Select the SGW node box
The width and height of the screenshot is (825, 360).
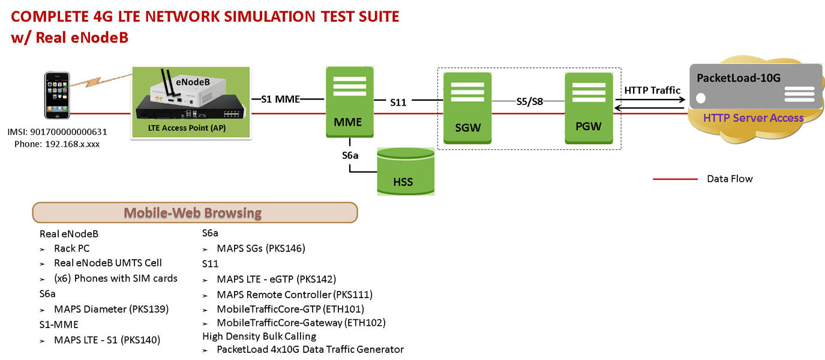(467, 108)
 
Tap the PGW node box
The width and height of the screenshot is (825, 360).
(589, 108)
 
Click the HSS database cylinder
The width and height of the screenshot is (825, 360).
(406, 172)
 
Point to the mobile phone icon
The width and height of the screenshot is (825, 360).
(57, 96)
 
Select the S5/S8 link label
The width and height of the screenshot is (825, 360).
(529, 101)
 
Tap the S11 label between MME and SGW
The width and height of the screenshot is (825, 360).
(398, 103)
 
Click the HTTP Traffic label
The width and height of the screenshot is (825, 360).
(652, 90)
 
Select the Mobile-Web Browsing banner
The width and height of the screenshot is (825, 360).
(194, 212)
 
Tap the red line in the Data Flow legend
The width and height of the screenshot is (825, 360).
(675, 179)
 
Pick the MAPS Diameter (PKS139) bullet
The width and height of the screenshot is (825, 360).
(111, 309)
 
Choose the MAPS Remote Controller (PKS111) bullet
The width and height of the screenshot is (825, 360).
(294, 294)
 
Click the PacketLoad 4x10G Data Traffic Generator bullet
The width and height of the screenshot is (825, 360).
(310, 349)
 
